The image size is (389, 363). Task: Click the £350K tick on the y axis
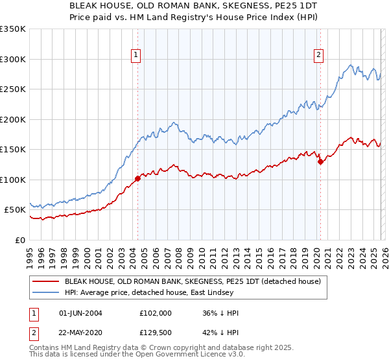point(13,29)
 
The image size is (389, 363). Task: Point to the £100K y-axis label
point(13,180)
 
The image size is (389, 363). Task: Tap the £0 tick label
point(19,240)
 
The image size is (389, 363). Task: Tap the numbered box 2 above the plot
point(319,56)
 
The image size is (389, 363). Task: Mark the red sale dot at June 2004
point(137,178)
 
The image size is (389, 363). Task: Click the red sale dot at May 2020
point(320,162)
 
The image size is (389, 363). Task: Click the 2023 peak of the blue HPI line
point(350,65)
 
